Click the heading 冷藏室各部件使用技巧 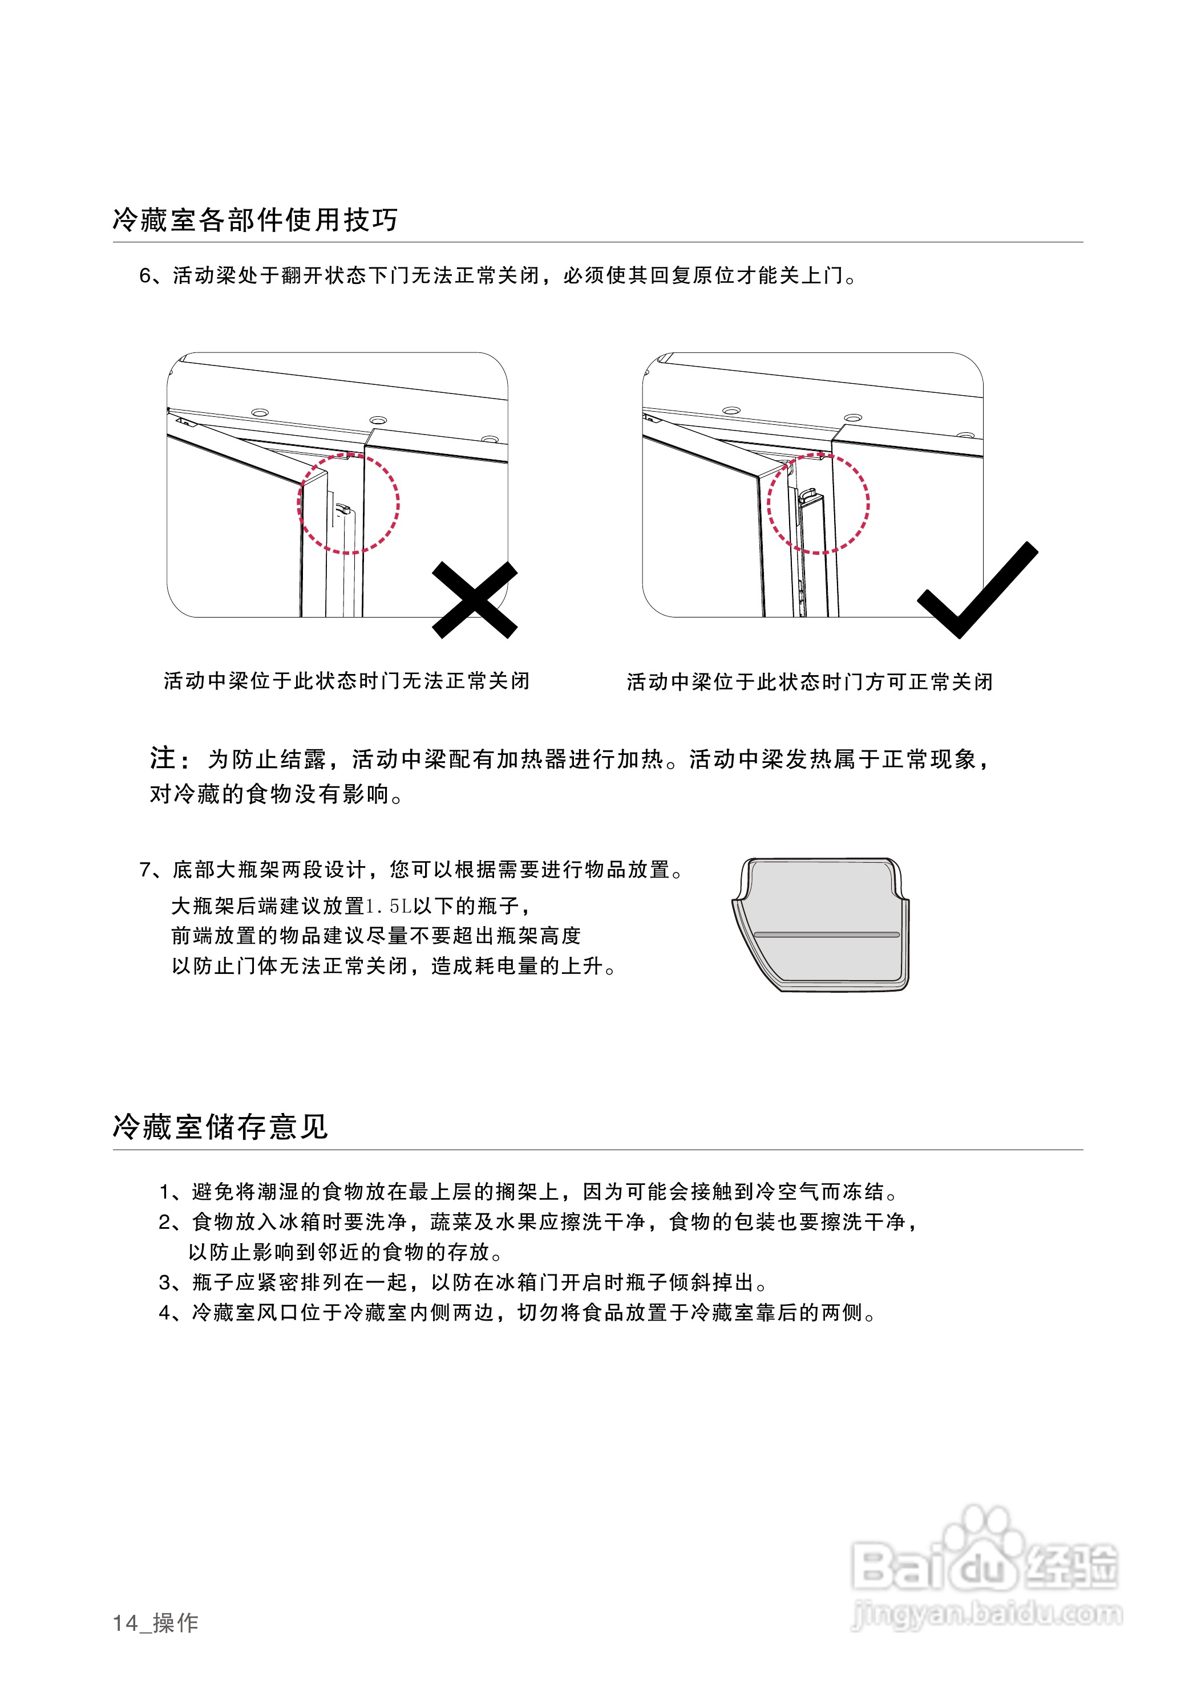(255, 220)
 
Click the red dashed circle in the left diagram (348, 504)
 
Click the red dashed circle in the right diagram (818, 504)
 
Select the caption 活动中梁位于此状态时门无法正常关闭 (346, 681)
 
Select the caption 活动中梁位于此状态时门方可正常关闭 (809, 682)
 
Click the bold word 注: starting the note (169, 758)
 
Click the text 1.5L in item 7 (388, 906)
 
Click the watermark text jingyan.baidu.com (986, 1615)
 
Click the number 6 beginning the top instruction (145, 275)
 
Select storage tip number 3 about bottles (463, 1282)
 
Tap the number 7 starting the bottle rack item (145, 870)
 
